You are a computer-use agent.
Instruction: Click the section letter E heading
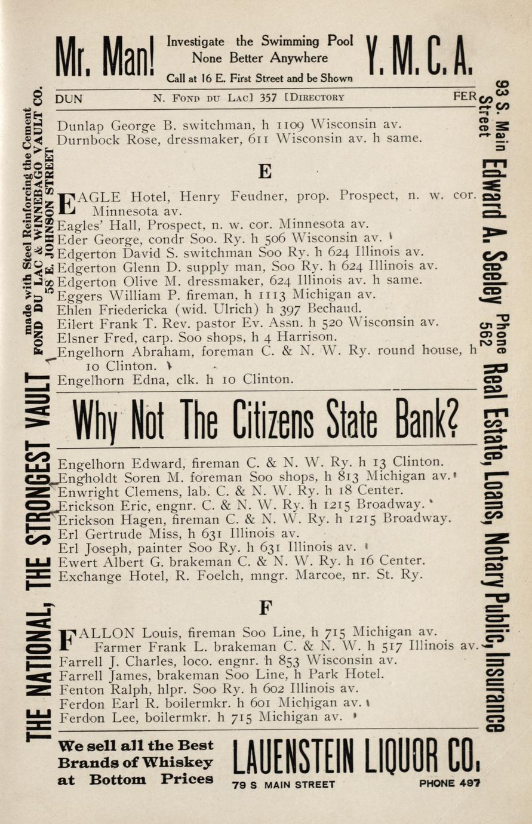click(265, 172)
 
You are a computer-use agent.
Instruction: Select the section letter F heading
click(265, 608)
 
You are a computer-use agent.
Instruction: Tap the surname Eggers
click(80, 294)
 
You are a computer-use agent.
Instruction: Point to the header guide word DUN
click(69, 99)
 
